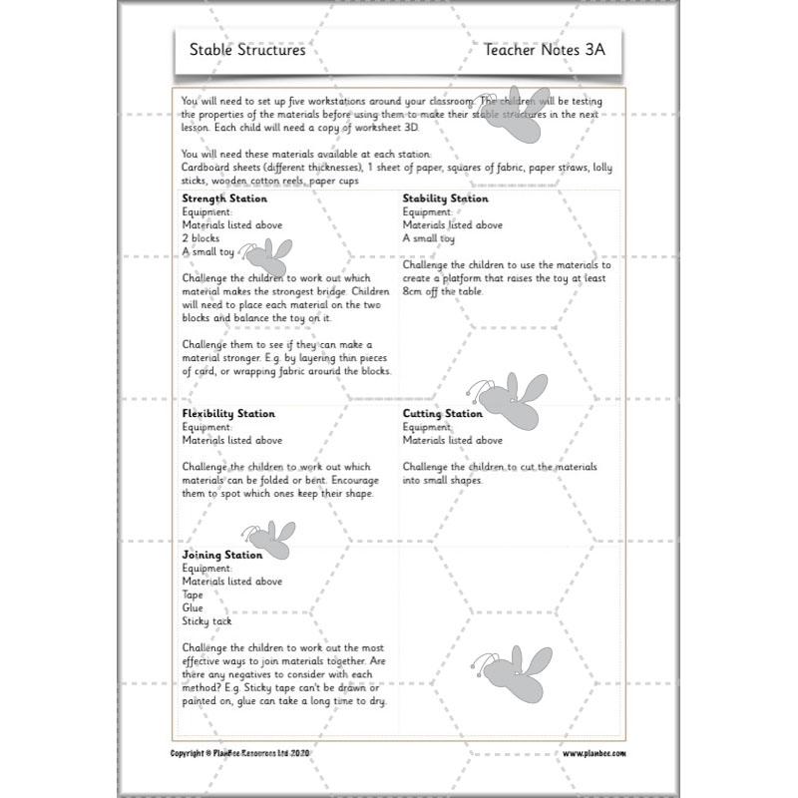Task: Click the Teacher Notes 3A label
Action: (x=544, y=49)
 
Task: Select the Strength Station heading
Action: (x=224, y=199)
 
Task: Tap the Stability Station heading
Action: (x=446, y=199)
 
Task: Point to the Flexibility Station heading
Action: (x=228, y=413)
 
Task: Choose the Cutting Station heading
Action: (x=443, y=413)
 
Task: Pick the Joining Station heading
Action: (x=222, y=555)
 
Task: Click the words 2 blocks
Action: (x=200, y=238)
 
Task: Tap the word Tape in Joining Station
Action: (x=193, y=595)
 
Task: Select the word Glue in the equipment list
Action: (x=193, y=607)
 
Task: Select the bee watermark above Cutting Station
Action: (x=520, y=399)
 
